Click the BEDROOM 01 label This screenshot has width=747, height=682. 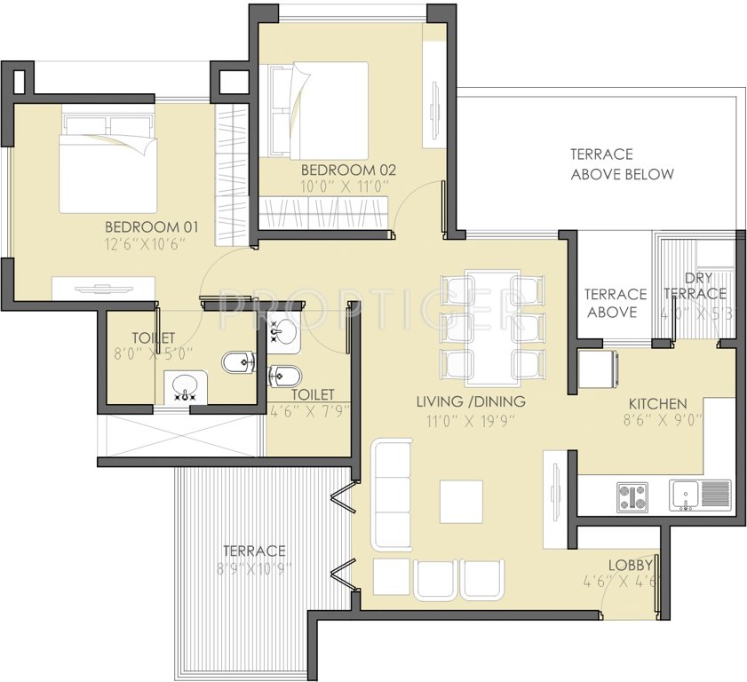click(x=151, y=226)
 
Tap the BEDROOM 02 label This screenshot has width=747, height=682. click(x=347, y=170)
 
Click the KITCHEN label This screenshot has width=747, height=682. click(x=657, y=403)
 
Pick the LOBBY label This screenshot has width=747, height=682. click(x=631, y=565)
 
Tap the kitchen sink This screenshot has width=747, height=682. click(x=685, y=495)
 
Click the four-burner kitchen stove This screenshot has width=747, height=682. click(x=632, y=496)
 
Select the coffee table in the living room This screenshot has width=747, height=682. click(x=461, y=502)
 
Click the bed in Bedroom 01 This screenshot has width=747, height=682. click(x=107, y=162)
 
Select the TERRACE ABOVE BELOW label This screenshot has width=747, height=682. click(x=622, y=164)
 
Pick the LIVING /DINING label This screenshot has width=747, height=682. click(x=471, y=401)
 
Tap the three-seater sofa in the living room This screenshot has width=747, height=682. click(x=392, y=493)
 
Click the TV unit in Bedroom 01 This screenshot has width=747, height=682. click(x=103, y=288)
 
